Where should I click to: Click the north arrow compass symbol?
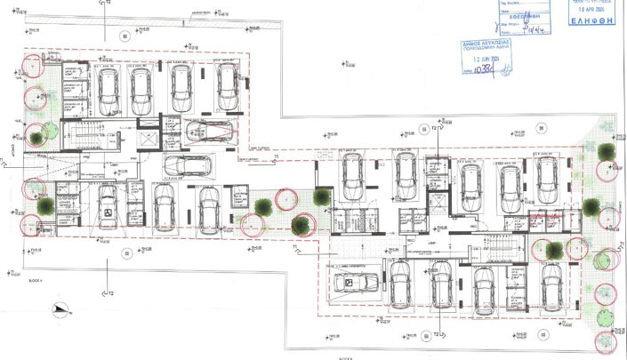click(x=60, y=309)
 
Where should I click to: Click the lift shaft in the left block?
click(x=148, y=142)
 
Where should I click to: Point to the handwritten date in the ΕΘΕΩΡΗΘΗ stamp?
click(x=516, y=28)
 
